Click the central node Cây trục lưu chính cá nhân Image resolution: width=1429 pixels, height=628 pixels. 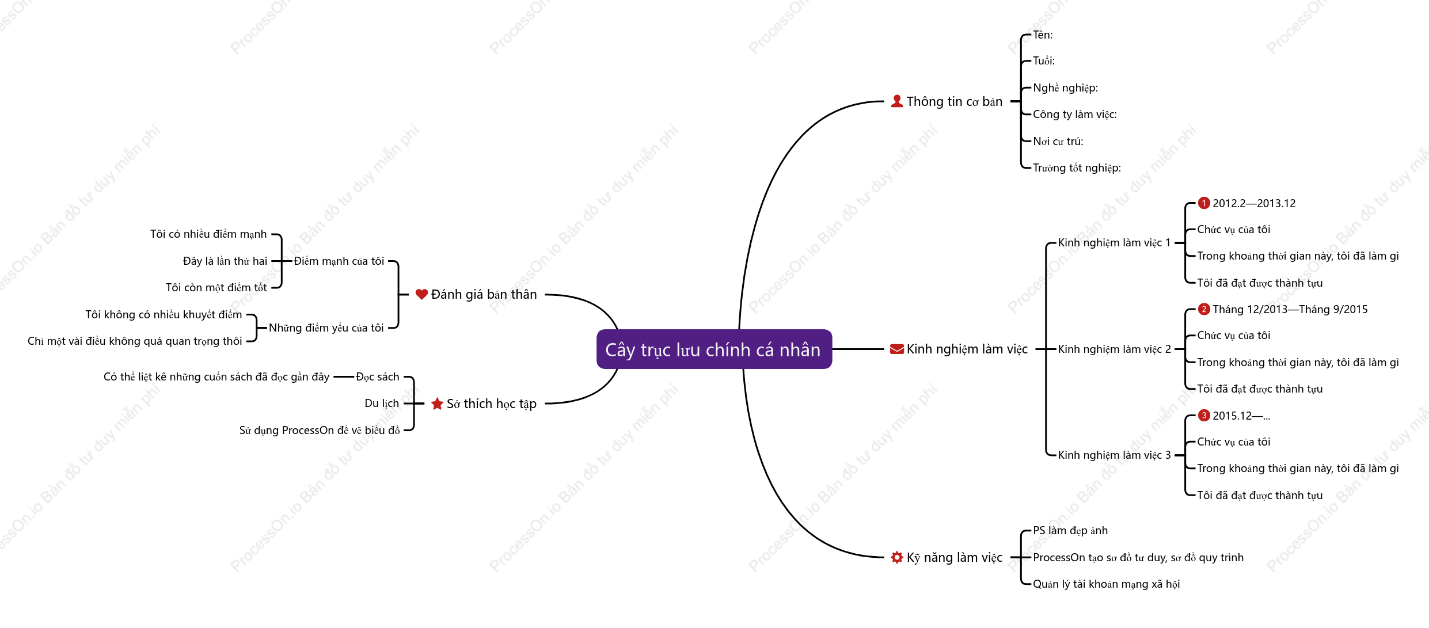(714, 349)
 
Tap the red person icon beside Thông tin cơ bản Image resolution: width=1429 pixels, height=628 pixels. (897, 101)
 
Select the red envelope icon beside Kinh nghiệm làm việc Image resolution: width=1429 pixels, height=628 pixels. (897, 349)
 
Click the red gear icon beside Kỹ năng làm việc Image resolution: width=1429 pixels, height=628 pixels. (897, 557)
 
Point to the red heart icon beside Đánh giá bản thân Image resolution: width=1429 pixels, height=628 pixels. (421, 295)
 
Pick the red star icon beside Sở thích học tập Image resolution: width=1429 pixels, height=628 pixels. (437, 404)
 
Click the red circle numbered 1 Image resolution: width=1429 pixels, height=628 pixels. (1204, 203)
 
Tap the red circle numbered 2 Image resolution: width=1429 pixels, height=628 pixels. (1204, 309)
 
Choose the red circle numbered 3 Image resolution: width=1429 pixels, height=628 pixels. (1204, 416)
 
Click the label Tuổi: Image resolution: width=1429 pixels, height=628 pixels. (1044, 61)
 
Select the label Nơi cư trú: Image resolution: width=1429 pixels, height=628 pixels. (1058, 141)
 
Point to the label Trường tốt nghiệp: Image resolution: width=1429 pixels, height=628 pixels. (1077, 168)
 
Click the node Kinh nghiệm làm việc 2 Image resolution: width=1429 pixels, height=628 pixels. (1115, 349)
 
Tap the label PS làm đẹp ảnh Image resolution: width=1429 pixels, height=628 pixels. (1070, 531)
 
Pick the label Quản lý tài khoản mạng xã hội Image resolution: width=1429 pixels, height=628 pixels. (1107, 584)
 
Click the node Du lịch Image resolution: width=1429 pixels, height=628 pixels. (382, 404)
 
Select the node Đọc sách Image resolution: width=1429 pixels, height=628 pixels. (378, 377)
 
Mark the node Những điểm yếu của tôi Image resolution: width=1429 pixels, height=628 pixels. (326, 328)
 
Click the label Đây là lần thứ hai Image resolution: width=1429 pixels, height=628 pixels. (225, 261)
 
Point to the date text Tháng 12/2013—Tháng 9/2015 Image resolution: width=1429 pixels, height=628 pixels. (1290, 310)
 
